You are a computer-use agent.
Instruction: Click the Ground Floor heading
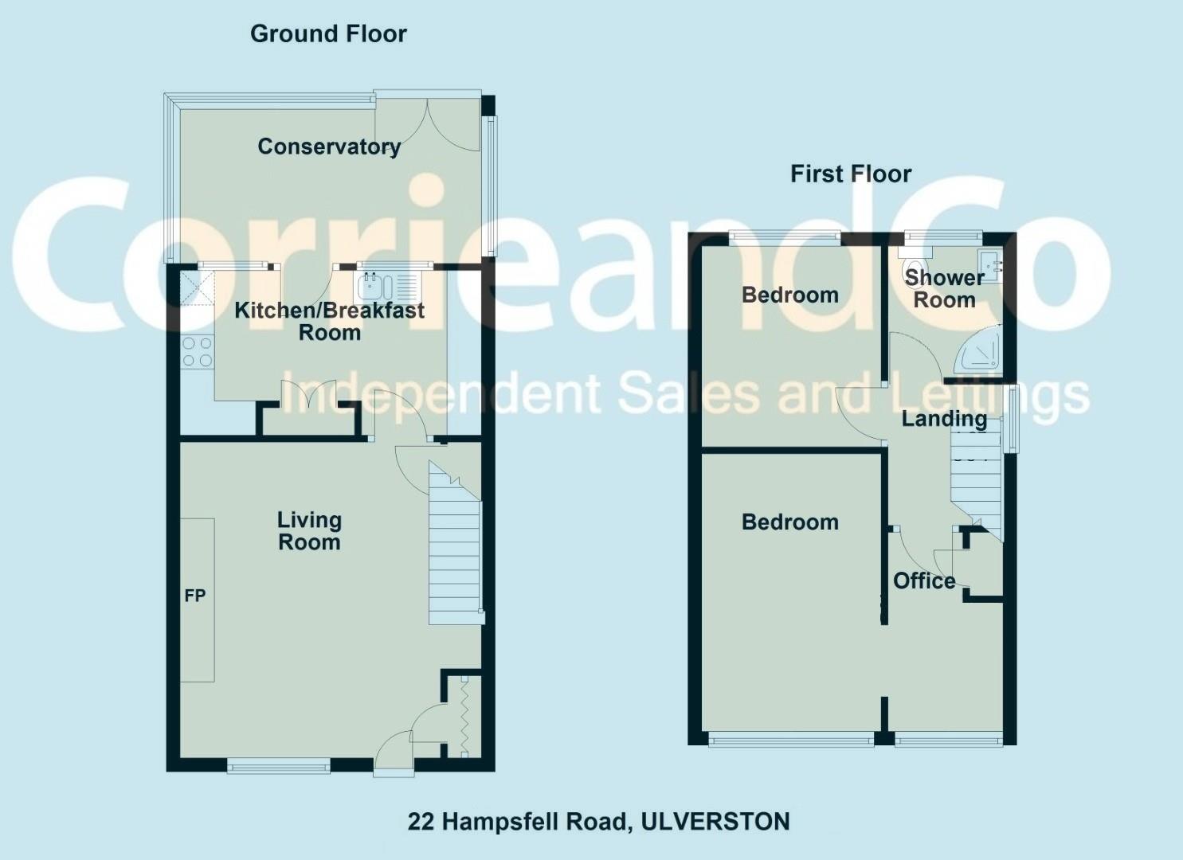pos(328,33)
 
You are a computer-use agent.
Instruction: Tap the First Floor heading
pos(851,174)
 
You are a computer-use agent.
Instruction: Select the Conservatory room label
pos(329,147)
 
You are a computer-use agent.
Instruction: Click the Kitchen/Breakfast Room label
pos(329,322)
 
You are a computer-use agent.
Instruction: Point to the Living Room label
pos(309,531)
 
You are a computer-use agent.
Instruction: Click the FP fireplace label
pos(195,596)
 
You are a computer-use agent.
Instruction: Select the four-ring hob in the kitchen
pos(198,353)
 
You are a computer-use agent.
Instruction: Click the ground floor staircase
pos(455,544)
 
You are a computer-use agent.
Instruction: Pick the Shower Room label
pos(945,289)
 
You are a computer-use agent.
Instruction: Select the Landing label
pos(944,419)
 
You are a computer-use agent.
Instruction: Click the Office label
pos(924,580)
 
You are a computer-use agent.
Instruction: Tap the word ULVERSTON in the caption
pos(715,822)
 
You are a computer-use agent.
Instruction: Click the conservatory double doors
pos(428,125)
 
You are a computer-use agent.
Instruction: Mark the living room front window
pos(278,766)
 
